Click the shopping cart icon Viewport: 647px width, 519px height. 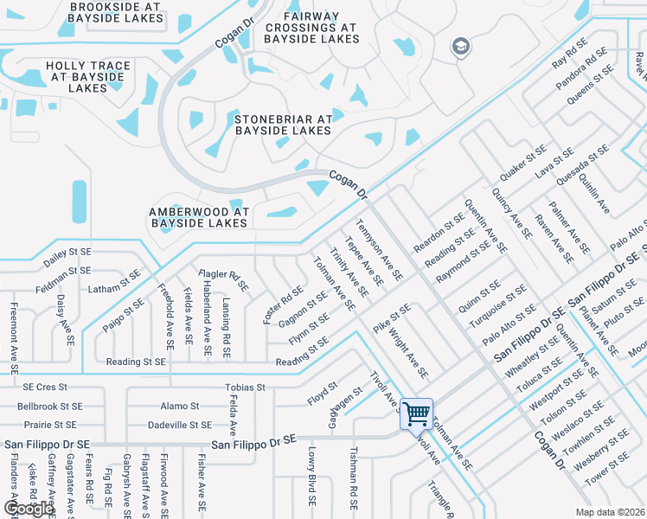pos(417,414)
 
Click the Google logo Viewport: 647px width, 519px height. pos(28,508)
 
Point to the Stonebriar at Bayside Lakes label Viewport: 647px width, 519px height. pos(283,125)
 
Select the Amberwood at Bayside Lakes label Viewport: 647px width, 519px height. pos(199,217)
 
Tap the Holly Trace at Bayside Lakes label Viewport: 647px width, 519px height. pos(88,77)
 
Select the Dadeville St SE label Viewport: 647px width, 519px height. pos(179,425)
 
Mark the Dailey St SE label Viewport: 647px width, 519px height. pos(67,257)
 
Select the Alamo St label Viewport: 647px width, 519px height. pos(179,406)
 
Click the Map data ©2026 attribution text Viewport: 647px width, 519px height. pos(609,511)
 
